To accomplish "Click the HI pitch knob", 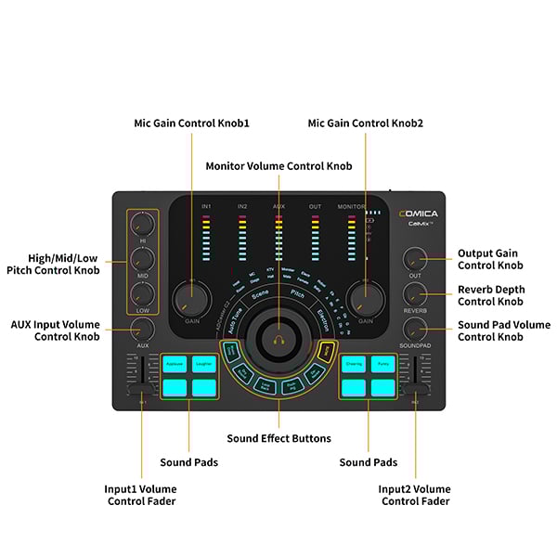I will [142, 223].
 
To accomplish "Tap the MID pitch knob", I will [142, 258].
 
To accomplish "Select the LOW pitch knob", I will [142, 292].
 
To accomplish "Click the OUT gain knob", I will [415, 258].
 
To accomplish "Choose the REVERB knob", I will [415, 293].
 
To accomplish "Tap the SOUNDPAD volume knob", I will [415, 328].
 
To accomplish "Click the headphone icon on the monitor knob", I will [278, 340].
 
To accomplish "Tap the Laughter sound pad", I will [204, 365].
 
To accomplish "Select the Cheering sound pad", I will [353, 365].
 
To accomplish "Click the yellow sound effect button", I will [326, 350].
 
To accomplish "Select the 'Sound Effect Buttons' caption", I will [278, 438].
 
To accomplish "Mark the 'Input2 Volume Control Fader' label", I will [414, 495].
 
